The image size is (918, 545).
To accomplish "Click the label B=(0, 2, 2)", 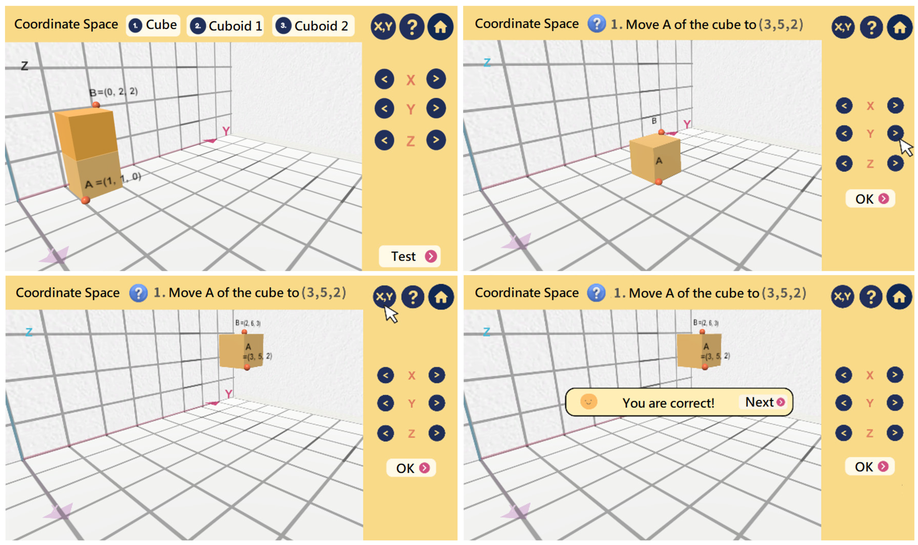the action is [x=113, y=91].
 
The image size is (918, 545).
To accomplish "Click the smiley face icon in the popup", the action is [x=588, y=401].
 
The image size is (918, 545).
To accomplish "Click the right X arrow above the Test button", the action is [x=436, y=79].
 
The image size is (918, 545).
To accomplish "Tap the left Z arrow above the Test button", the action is [x=384, y=140].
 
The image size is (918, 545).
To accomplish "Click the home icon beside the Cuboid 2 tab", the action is [x=440, y=26].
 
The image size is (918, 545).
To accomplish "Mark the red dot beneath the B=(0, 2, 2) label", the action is [x=96, y=105].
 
